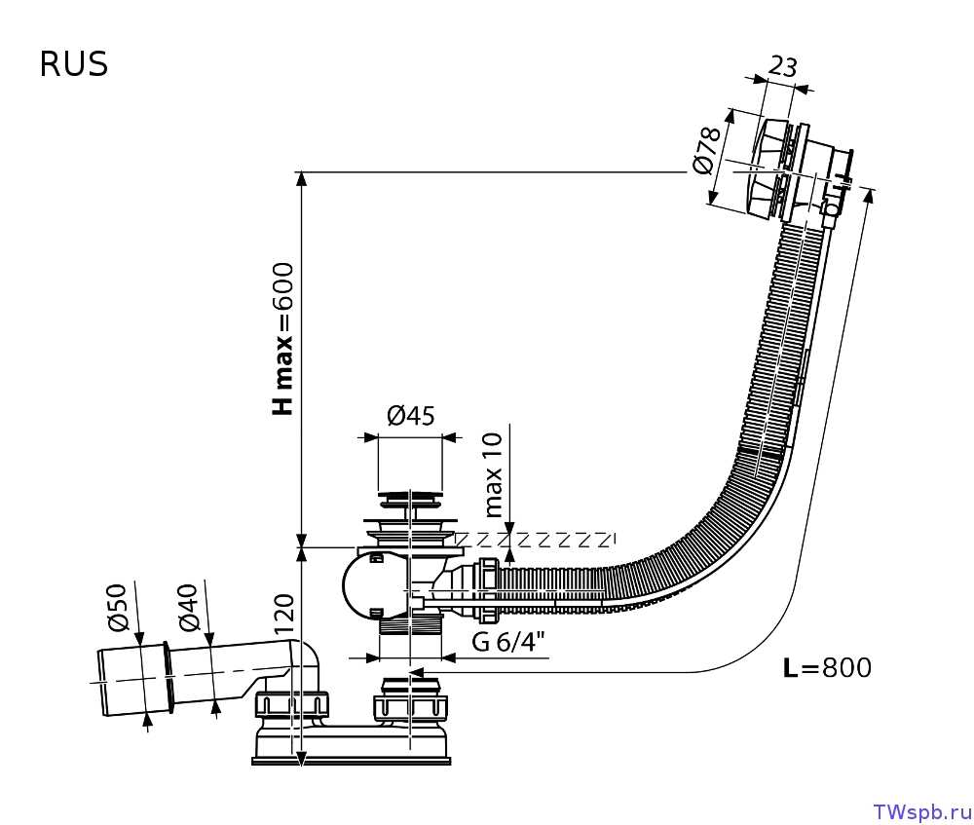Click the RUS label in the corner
[x=74, y=64]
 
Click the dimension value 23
[x=783, y=66]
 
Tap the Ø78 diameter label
[x=707, y=151]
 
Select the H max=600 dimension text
[x=282, y=339]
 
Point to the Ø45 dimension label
[x=411, y=416]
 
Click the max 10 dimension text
[x=493, y=475]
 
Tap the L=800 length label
[x=827, y=668]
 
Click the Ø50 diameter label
[x=118, y=608]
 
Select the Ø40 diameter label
[x=188, y=608]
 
